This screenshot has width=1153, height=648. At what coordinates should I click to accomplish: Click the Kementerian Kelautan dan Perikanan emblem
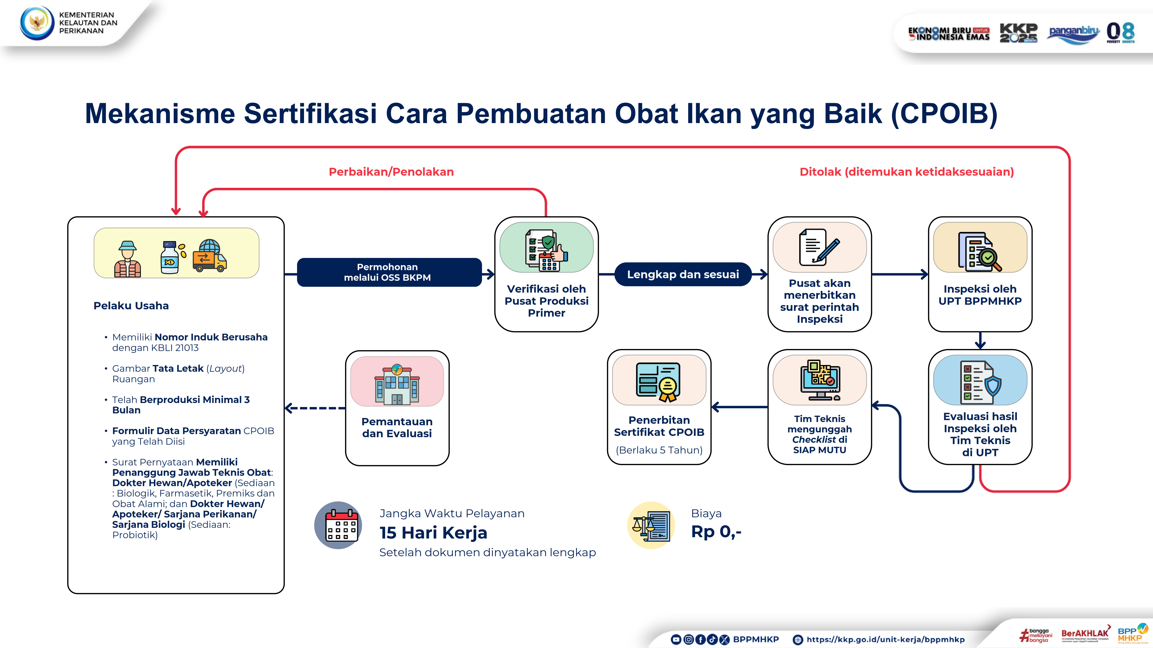pyautogui.click(x=37, y=23)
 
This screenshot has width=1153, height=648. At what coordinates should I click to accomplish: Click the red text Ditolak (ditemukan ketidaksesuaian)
pyautogui.click(x=906, y=172)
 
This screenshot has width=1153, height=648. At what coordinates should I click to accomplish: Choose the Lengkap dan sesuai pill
pyautogui.click(x=683, y=274)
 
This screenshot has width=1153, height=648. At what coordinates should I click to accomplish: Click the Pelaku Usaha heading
pyautogui.click(x=131, y=305)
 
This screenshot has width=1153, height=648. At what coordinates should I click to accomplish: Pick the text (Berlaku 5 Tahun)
pyautogui.click(x=659, y=450)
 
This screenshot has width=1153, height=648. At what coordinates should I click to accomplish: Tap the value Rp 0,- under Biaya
pyautogui.click(x=716, y=532)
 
